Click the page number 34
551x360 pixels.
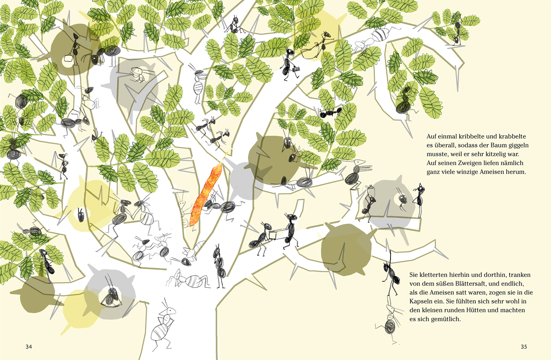click(29, 347)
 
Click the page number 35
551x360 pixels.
click(524, 347)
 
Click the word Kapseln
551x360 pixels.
click(420, 301)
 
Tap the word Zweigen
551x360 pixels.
click(458, 163)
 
